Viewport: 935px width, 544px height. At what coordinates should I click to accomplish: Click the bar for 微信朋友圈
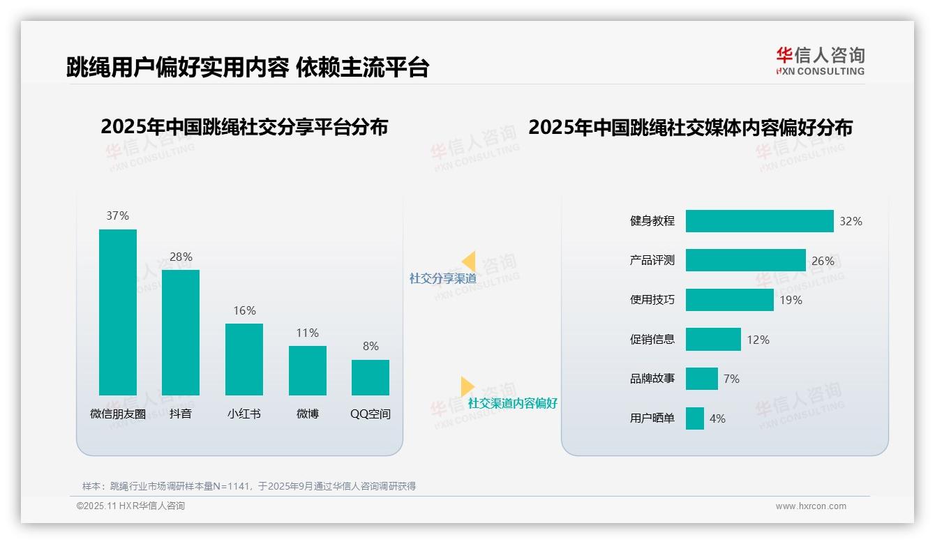[x=118, y=312]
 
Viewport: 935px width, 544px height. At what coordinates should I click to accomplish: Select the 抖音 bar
[x=181, y=332]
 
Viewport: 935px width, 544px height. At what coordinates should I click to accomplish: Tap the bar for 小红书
[x=244, y=359]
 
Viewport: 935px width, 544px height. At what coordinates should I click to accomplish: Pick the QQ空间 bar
[x=371, y=377]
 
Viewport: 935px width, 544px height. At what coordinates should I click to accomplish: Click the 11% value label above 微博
[x=307, y=333]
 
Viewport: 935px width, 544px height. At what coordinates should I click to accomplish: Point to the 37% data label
[x=118, y=216]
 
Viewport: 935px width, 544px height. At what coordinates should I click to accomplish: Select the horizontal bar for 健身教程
[x=759, y=221]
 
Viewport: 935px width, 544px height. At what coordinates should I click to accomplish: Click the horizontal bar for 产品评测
[x=745, y=260]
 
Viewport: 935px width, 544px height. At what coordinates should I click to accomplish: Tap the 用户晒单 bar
[x=694, y=418]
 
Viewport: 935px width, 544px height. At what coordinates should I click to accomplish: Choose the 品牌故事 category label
[x=652, y=379]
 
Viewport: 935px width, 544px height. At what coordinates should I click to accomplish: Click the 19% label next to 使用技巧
[x=791, y=300]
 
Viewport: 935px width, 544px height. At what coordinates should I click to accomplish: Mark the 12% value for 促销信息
[x=758, y=340]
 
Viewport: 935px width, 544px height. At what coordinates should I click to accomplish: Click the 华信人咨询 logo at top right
[x=820, y=61]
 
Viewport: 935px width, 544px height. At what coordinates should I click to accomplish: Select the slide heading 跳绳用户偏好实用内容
[x=177, y=67]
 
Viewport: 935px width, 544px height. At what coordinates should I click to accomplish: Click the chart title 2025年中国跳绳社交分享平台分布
[x=244, y=127]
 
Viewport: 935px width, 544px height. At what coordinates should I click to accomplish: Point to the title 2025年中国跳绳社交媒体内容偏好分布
[x=690, y=128]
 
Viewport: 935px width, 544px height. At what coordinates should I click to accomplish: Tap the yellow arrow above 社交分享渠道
[x=468, y=261]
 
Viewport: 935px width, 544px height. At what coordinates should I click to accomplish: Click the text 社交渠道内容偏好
[x=513, y=403]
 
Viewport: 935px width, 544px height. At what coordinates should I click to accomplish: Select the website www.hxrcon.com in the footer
[x=811, y=506]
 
